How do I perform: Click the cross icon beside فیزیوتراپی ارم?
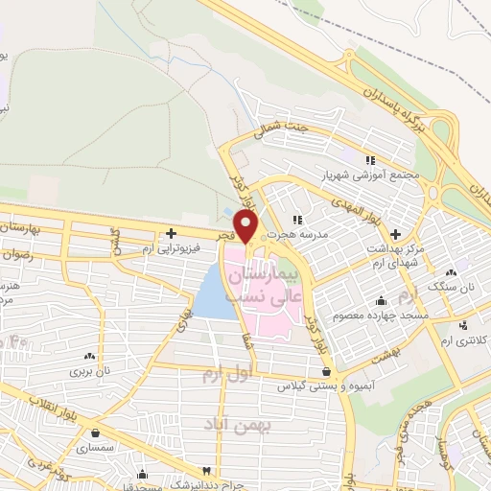tap(171, 232)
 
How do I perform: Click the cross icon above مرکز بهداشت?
tap(395, 233)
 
